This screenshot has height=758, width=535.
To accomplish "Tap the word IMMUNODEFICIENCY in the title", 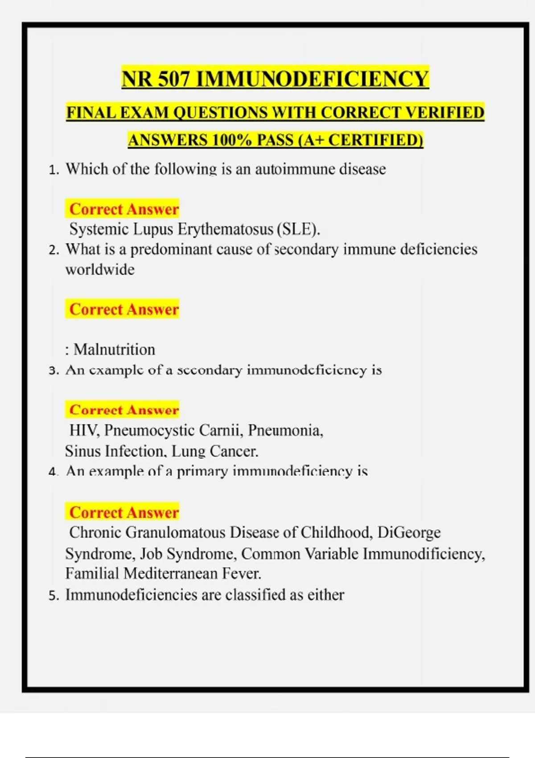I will click(x=312, y=79).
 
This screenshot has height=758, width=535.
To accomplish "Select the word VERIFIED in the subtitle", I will click(x=447, y=112).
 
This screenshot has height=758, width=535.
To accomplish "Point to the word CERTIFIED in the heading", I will click(x=375, y=140).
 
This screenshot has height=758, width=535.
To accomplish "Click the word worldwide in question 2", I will click(x=100, y=269).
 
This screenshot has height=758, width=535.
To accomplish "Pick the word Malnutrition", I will click(x=114, y=349).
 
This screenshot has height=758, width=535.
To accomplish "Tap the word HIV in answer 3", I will click(x=84, y=430).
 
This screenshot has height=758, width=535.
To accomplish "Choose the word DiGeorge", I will click(x=409, y=532).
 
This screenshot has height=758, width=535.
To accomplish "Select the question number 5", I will click(x=53, y=596).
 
